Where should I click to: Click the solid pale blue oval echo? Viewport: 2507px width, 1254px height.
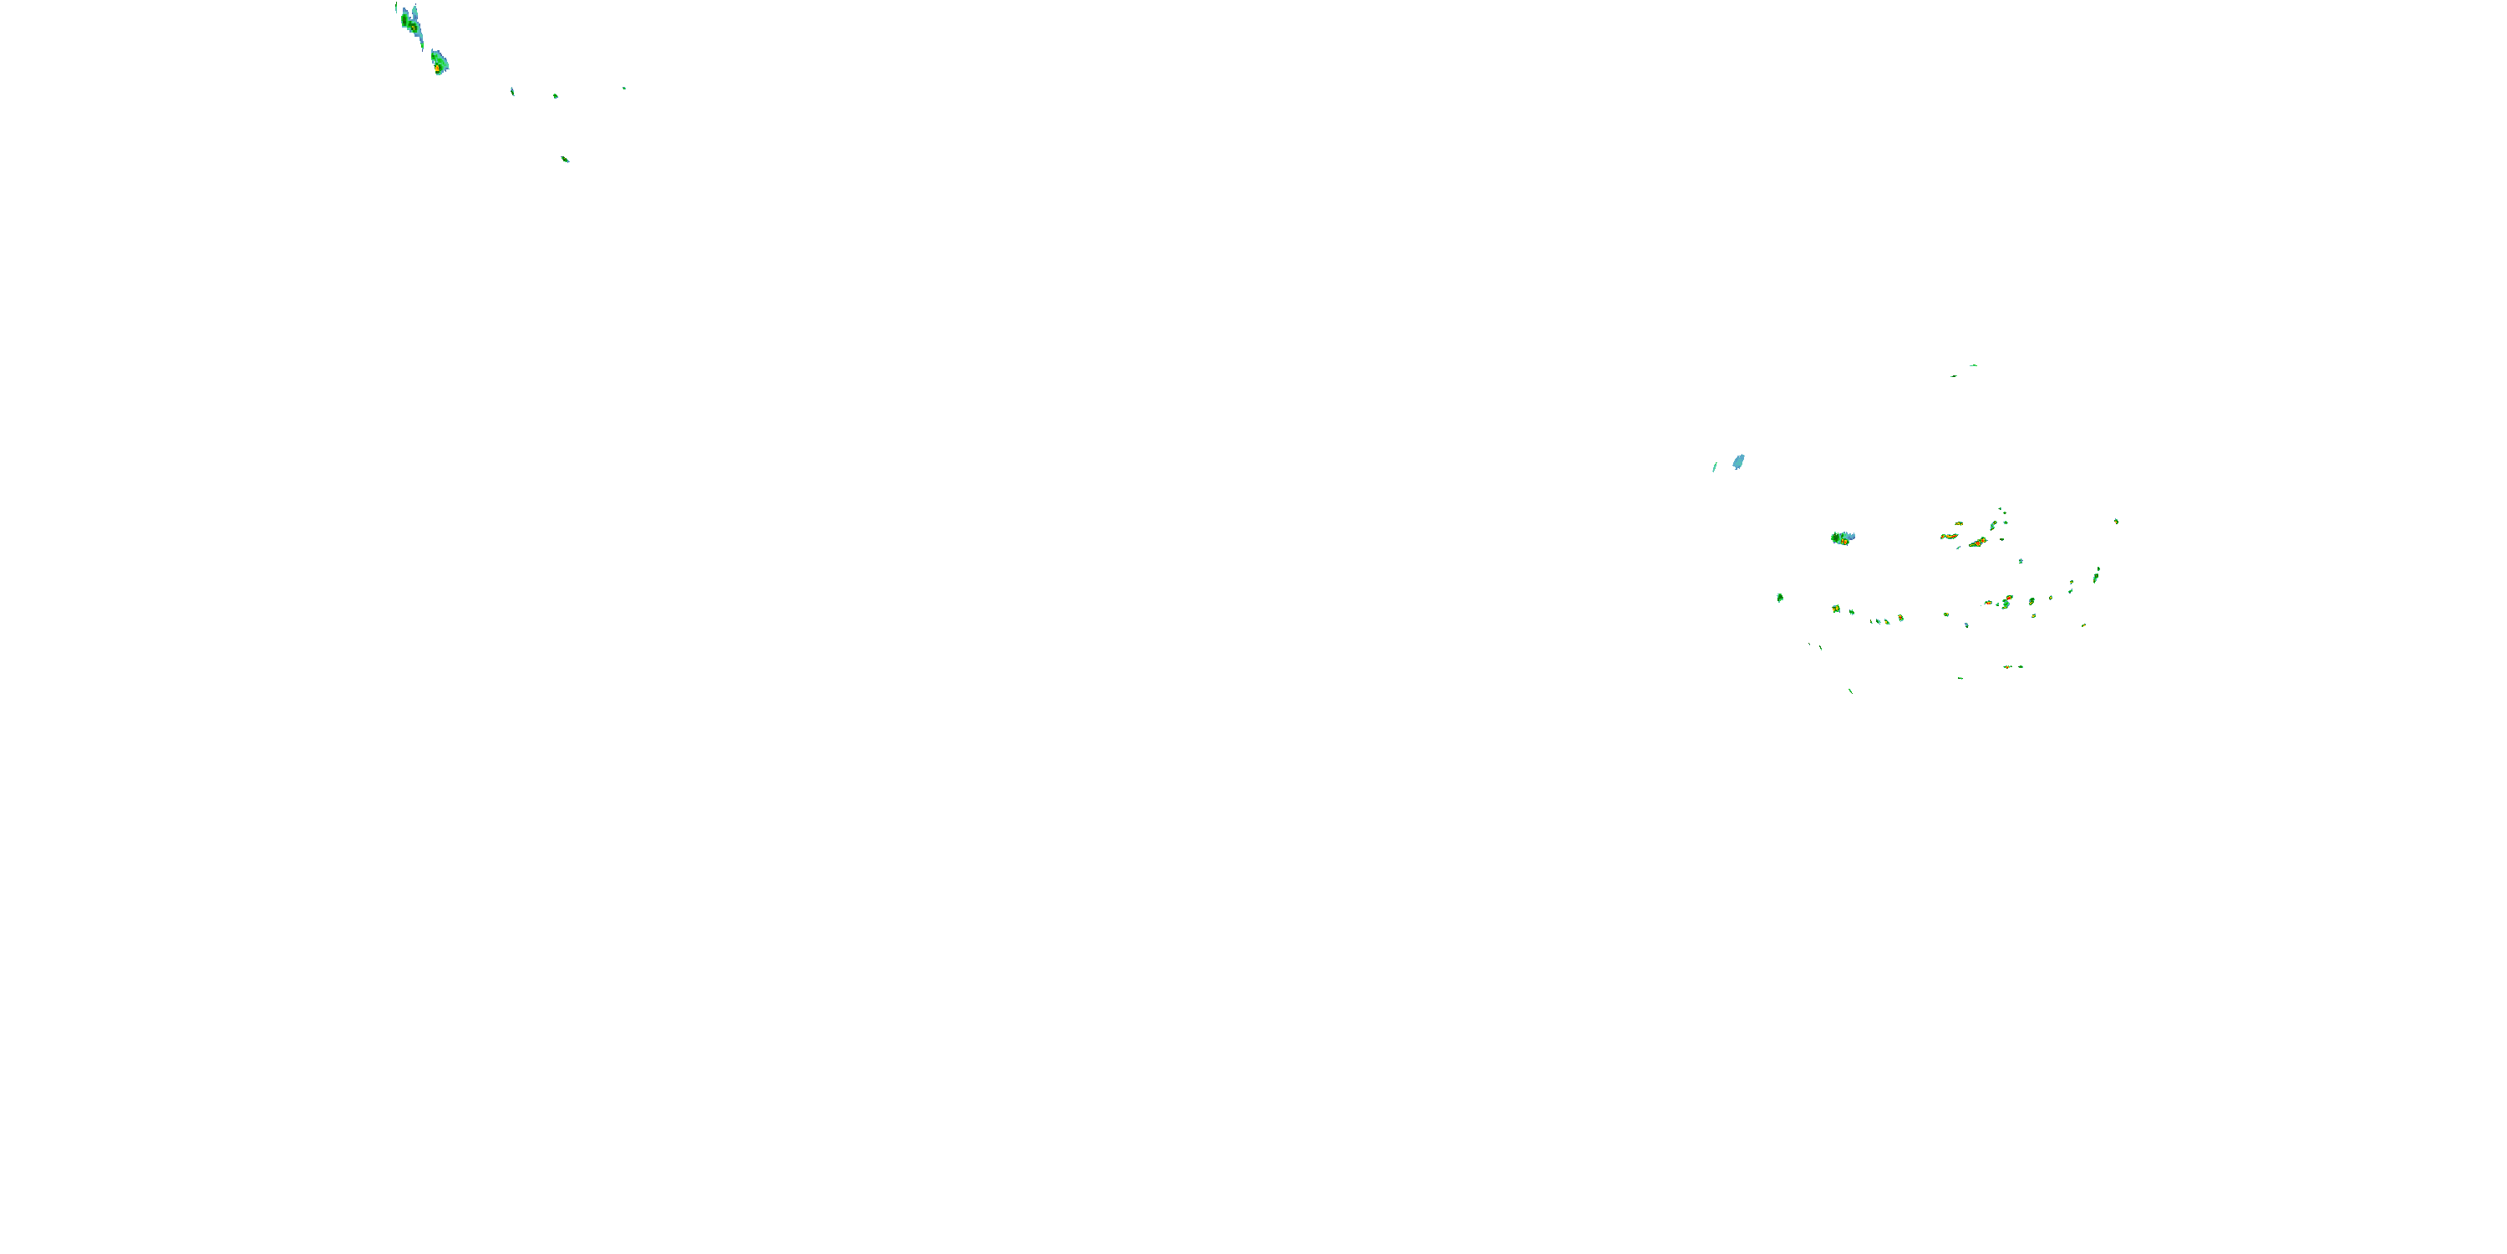click(x=1738, y=461)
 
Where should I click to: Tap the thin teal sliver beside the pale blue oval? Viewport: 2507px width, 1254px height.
click(x=1715, y=467)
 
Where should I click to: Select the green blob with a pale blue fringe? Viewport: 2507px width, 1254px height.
click(x=1841, y=538)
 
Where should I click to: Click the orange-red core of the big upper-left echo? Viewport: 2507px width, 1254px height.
click(x=437, y=69)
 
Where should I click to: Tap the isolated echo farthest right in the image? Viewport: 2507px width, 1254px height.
click(x=2116, y=522)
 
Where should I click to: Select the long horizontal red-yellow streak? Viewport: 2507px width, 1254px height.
click(x=1950, y=537)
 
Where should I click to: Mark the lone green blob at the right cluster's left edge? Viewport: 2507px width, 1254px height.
click(x=1780, y=598)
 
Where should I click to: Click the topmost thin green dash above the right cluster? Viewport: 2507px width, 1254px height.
click(x=1974, y=365)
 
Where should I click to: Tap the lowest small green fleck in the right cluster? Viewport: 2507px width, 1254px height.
click(x=1850, y=691)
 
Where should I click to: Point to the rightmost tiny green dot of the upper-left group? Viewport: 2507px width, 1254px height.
click(x=625, y=89)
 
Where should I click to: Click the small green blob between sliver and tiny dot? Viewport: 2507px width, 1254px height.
click(x=556, y=96)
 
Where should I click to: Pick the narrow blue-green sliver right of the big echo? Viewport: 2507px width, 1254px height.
click(x=513, y=91)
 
